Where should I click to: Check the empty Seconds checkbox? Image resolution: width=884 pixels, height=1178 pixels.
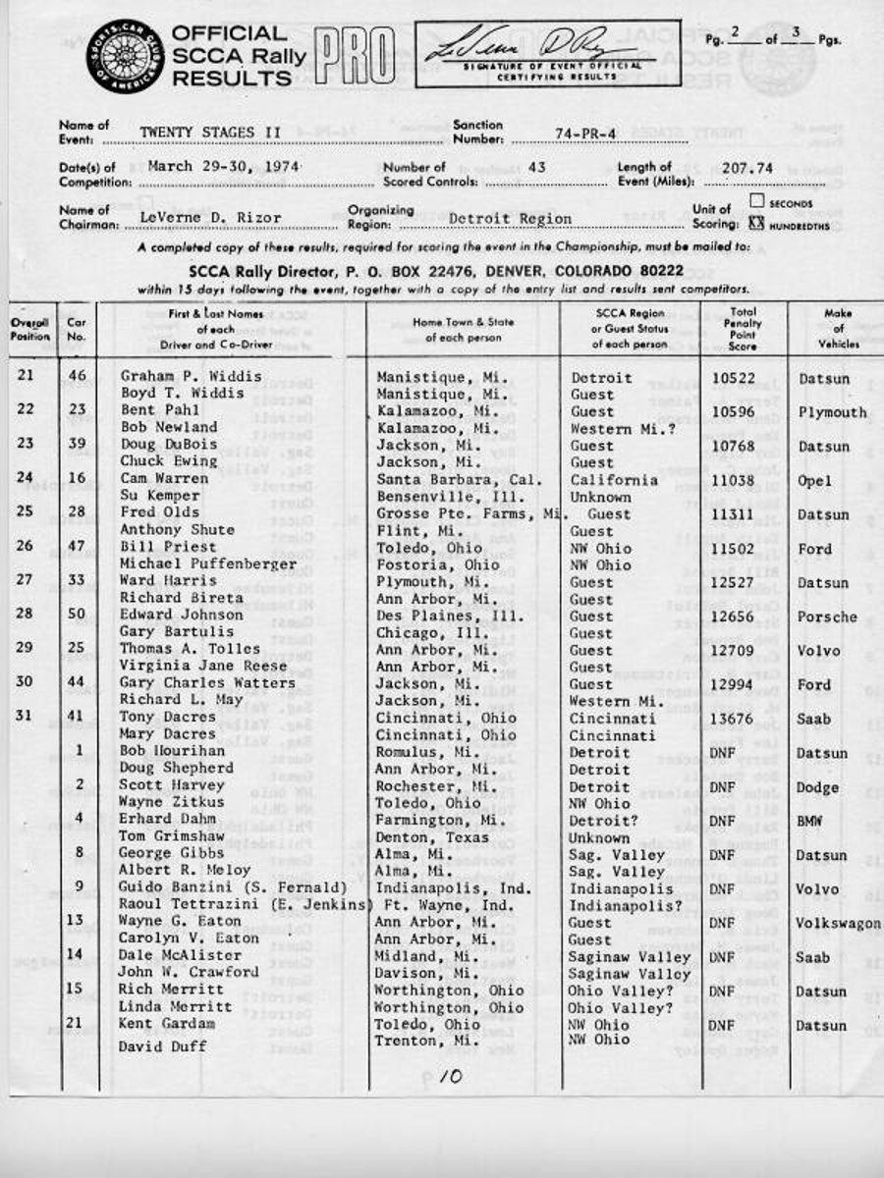[756, 201]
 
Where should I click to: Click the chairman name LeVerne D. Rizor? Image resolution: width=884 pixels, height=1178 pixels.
[210, 218]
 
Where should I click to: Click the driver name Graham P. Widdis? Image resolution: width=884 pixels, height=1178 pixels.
[191, 376]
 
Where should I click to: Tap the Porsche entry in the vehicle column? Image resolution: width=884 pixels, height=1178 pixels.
[827, 616]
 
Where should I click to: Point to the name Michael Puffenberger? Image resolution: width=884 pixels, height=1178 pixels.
[207, 564]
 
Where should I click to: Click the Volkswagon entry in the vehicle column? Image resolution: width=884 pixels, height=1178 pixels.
[838, 923]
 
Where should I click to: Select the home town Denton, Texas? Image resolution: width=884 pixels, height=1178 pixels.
[432, 837]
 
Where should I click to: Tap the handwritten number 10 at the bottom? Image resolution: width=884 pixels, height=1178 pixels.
[450, 1076]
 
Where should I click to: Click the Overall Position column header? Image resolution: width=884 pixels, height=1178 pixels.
[30, 329]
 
